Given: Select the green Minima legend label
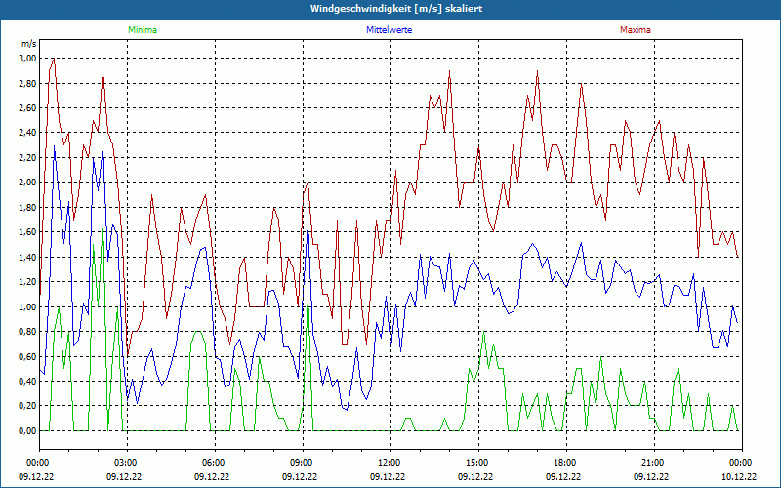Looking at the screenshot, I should (x=142, y=30).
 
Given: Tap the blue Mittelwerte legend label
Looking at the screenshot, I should (x=390, y=30).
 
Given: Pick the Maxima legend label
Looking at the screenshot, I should (x=635, y=30).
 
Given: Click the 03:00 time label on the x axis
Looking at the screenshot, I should (x=126, y=463).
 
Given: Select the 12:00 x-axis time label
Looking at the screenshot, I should (x=390, y=463).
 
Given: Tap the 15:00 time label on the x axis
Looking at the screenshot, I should (x=477, y=463).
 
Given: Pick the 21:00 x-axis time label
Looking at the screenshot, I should (x=653, y=463).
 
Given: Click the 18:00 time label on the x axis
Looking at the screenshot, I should (x=565, y=463).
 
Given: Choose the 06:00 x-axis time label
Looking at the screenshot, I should (x=214, y=463).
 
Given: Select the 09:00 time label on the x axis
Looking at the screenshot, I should (x=302, y=463).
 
